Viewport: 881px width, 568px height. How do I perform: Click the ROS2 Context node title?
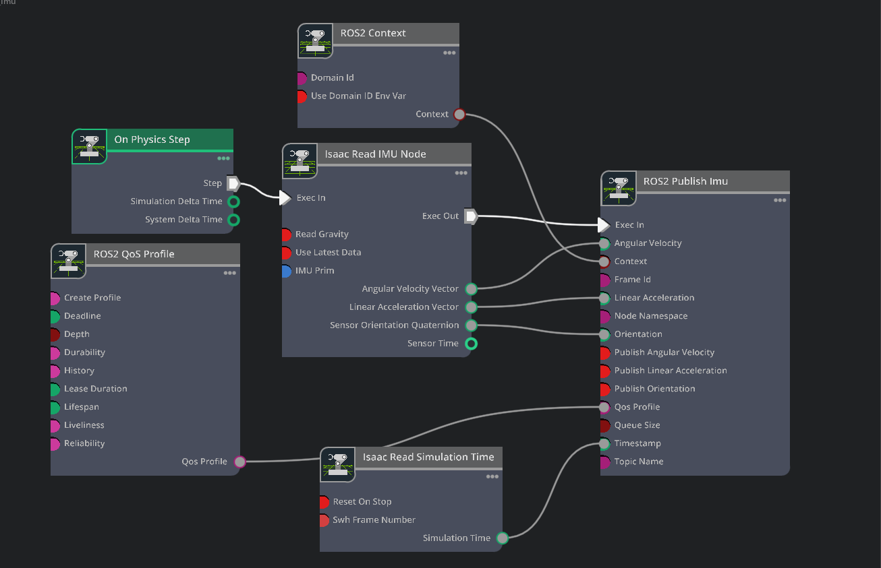click(373, 33)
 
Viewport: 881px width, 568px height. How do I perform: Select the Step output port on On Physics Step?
click(233, 183)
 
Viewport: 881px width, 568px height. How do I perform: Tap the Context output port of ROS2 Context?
click(459, 115)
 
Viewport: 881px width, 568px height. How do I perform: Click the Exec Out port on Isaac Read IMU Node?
click(471, 216)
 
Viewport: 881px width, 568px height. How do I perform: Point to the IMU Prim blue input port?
click(287, 271)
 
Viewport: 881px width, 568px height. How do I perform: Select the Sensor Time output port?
click(472, 344)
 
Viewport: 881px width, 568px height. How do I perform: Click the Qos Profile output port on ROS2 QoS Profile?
click(239, 462)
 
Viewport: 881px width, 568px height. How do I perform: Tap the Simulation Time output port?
click(502, 538)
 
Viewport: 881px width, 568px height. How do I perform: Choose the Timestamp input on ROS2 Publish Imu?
click(605, 444)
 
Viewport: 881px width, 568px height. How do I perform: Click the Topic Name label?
click(638, 462)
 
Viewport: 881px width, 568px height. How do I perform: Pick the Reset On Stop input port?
click(324, 502)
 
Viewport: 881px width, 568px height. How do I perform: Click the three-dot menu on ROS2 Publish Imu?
click(779, 200)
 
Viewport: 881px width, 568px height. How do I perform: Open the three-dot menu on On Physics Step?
click(223, 158)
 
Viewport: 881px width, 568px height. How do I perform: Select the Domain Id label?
click(332, 78)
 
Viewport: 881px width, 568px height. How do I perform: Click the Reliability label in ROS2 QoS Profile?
click(84, 444)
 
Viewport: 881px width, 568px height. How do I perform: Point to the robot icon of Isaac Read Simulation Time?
click(337, 464)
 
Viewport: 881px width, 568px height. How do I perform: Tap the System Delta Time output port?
click(233, 220)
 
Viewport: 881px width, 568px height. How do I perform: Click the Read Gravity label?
click(322, 234)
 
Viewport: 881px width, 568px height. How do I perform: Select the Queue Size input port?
click(605, 426)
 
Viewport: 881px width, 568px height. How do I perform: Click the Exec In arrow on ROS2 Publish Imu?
click(604, 225)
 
